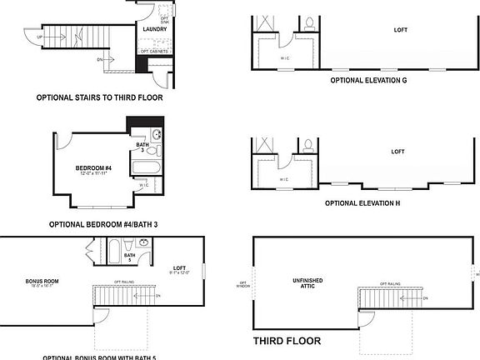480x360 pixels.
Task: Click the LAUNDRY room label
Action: (x=155, y=30)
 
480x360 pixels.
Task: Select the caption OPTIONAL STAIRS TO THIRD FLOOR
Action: (x=99, y=97)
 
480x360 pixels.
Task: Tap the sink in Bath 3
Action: (x=158, y=135)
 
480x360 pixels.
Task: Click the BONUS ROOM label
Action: (x=40, y=281)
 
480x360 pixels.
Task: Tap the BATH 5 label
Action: (x=130, y=257)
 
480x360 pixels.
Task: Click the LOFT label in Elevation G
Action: (x=401, y=29)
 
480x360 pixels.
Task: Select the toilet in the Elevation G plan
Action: (x=309, y=23)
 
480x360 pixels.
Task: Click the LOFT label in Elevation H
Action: (x=397, y=152)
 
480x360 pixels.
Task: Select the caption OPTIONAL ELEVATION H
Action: (x=362, y=203)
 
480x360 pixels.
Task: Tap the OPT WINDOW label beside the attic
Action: (x=242, y=285)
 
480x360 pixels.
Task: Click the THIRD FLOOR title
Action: (x=286, y=342)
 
